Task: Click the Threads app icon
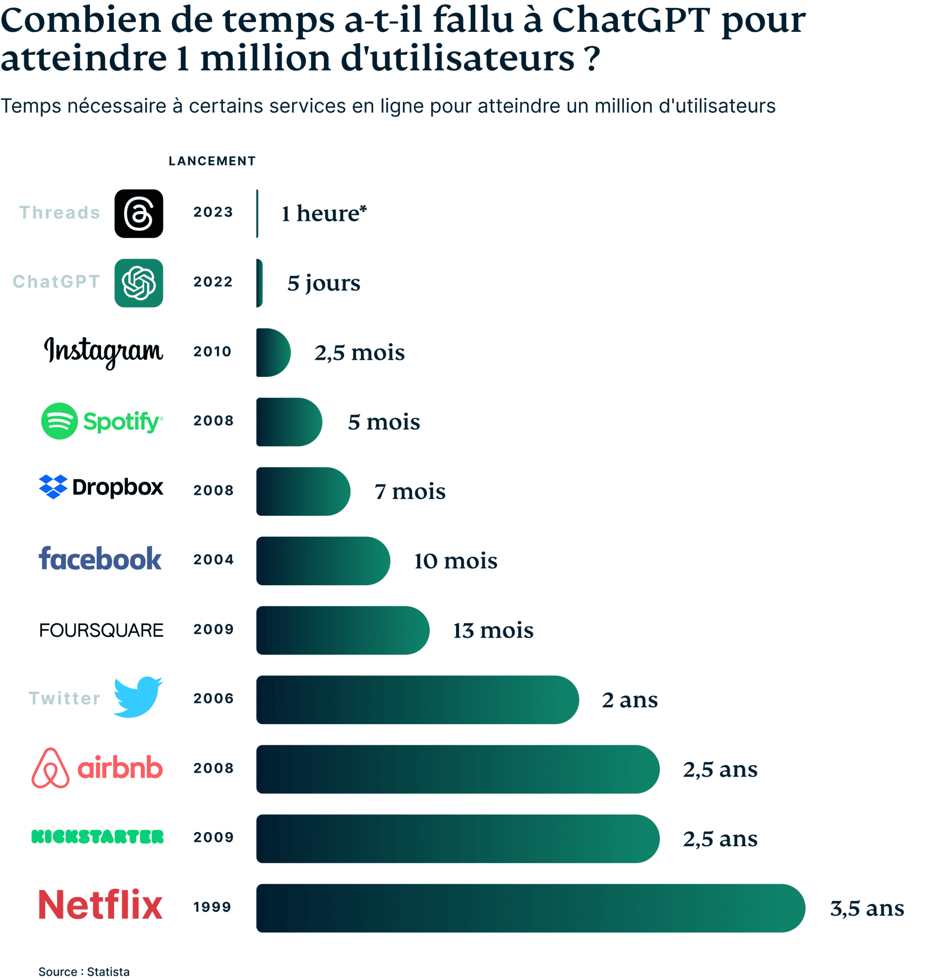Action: [139, 214]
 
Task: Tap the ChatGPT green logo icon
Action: [139, 283]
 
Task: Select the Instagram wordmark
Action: [103, 352]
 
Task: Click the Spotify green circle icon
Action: [59, 421]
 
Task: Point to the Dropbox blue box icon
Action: [53, 487]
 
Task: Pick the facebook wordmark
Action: [100, 559]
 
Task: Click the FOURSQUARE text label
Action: [101, 630]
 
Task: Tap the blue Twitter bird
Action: [138, 697]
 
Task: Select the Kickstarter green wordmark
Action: [98, 837]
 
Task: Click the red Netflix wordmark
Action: [100, 905]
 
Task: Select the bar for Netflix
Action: [529, 908]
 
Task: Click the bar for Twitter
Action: [417, 700]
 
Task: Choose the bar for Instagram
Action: [272, 353]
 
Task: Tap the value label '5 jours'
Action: [324, 283]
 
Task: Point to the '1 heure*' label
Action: [324, 214]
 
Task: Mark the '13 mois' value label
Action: [493, 630]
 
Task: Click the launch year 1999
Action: [213, 907]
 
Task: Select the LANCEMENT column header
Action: [213, 161]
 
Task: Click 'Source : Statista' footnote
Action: [84, 972]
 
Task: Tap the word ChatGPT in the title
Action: [630, 20]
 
